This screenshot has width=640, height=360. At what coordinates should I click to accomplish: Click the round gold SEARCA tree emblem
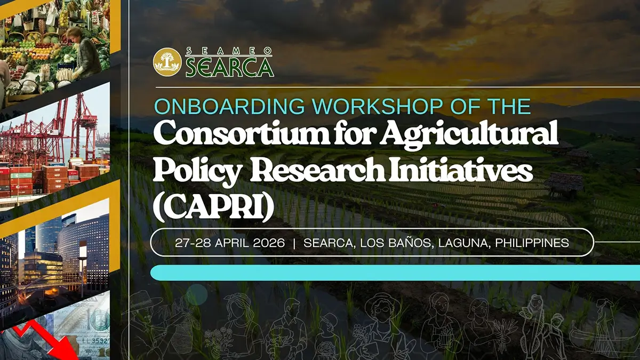(167, 62)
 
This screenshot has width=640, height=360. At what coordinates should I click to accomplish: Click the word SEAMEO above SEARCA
(229, 51)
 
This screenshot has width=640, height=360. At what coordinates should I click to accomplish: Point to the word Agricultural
(462, 134)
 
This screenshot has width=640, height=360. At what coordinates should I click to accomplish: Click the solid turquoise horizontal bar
(395, 273)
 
